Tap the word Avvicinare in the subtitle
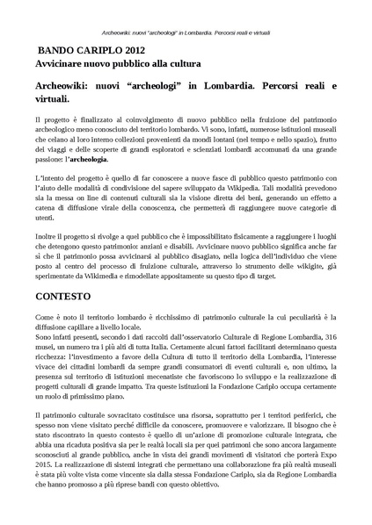(x=62, y=64)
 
